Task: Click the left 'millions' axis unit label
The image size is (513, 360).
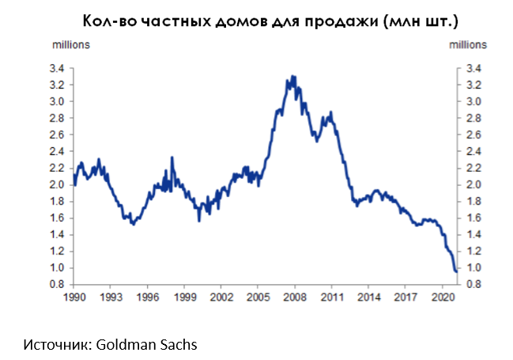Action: tap(71, 44)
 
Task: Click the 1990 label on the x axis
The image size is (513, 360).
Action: tap(74, 297)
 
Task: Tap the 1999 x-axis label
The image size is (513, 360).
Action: tap(183, 297)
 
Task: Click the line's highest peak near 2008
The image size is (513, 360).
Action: tap(293, 76)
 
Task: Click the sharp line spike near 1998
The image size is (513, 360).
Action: tap(172, 157)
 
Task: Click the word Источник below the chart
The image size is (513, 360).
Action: tap(58, 346)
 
